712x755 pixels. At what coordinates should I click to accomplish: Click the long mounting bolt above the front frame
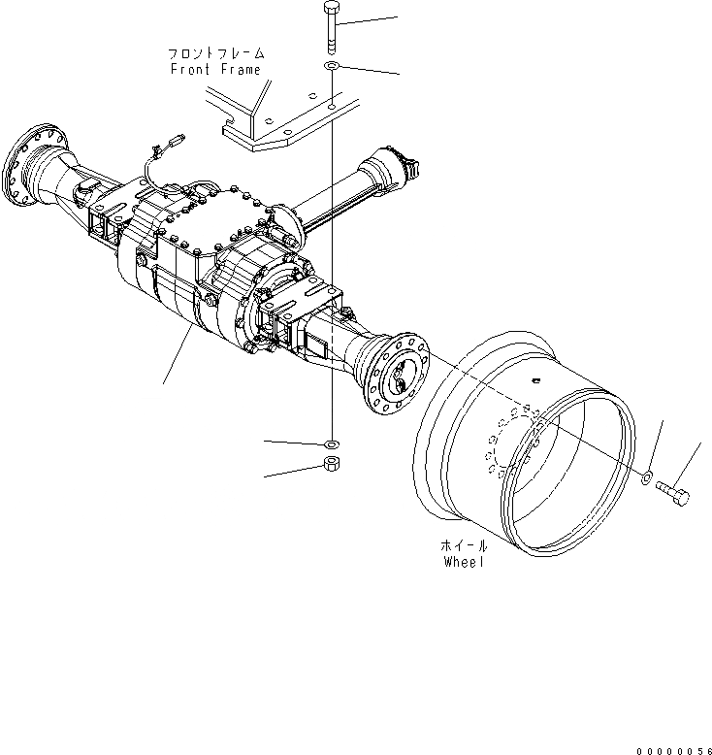[331, 27]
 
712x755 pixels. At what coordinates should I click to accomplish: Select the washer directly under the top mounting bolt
[331, 65]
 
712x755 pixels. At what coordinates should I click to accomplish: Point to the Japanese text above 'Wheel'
[463, 546]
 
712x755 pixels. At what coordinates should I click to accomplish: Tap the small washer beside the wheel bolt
[647, 476]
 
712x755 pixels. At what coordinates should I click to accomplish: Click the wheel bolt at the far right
[674, 492]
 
